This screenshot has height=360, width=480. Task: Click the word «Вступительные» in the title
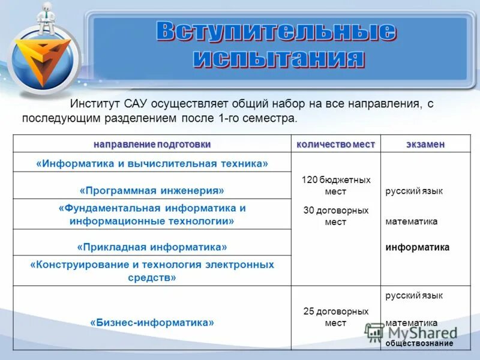(276, 31)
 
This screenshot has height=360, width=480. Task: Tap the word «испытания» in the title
(280, 58)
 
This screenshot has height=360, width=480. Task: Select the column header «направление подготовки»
(152, 145)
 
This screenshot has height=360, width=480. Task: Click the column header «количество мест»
(335, 145)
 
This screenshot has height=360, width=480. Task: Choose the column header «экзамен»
(425, 145)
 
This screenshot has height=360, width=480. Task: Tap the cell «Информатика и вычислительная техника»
(152, 163)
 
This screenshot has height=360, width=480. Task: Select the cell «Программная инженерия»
(152, 190)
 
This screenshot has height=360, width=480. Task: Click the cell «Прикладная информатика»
(152, 247)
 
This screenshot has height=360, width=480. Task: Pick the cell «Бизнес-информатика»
(152, 322)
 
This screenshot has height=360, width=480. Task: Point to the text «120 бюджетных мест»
(335, 185)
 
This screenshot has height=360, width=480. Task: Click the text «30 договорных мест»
(335, 216)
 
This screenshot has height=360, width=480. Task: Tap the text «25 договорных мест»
(335, 317)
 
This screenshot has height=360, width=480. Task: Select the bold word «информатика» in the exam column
(417, 247)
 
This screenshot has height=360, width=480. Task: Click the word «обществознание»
(419, 343)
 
